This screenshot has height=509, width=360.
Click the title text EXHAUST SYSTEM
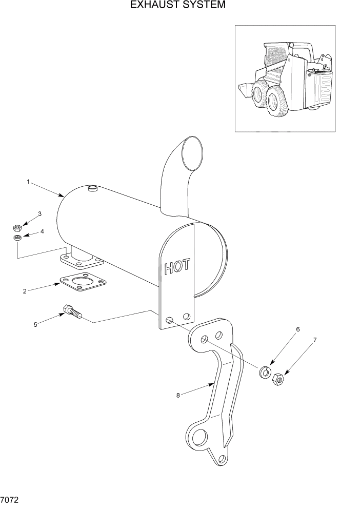point(177,6)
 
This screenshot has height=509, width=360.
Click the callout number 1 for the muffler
point(29,182)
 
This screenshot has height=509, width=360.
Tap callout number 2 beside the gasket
point(25,291)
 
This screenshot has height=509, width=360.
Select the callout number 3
point(39,213)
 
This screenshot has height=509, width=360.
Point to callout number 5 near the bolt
point(35,324)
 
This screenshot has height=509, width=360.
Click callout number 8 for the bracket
point(178,395)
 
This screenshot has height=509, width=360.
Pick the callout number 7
point(315,340)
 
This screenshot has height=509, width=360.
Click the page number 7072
point(11,498)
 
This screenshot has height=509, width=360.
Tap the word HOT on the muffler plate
point(177,266)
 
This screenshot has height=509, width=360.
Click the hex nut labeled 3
point(17,227)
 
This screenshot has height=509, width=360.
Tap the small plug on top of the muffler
point(93,189)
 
